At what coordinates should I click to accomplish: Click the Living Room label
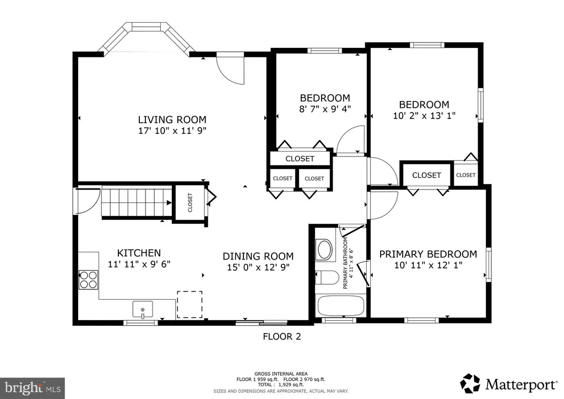(x=172, y=120)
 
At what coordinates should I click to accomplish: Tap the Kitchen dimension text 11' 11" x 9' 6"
(x=139, y=264)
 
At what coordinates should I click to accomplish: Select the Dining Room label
(x=258, y=256)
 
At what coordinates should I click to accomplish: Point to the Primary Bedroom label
(x=428, y=254)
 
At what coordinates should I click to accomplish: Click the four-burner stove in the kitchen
(x=89, y=279)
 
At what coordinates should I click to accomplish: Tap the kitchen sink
(x=143, y=310)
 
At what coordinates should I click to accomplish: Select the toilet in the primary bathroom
(x=327, y=278)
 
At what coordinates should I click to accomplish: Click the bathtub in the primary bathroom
(x=340, y=306)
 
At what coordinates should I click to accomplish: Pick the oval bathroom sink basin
(x=325, y=249)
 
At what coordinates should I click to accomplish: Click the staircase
(x=137, y=203)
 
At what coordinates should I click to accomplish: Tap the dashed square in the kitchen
(x=189, y=304)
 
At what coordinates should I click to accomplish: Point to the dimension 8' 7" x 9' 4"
(x=325, y=109)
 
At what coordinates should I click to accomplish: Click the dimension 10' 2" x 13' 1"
(x=425, y=116)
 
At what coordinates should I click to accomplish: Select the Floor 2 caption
(x=282, y=336)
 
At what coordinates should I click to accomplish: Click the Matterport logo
(x=509, y=384)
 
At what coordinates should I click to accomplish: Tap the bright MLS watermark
(x=32, y=388)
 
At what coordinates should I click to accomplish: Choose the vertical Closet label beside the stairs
(x=190, y=203)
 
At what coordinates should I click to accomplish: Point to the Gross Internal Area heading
(x=281, y=374)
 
